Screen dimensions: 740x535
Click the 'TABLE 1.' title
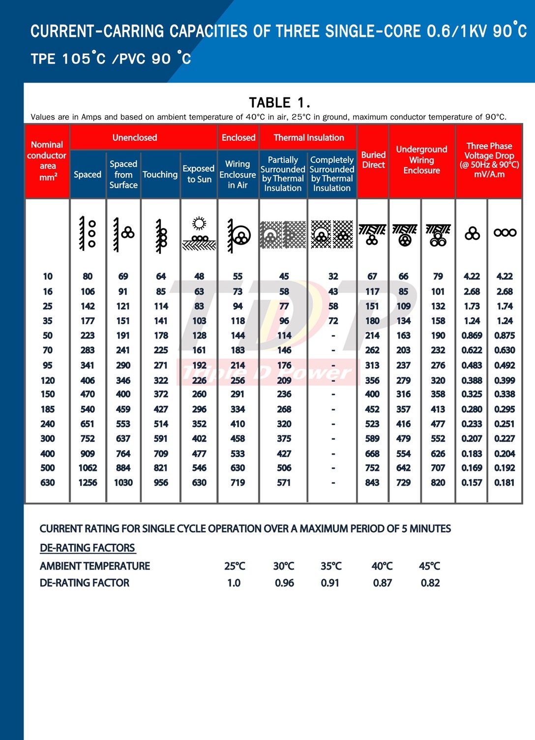coord(279,102)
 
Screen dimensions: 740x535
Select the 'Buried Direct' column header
coord(373,160)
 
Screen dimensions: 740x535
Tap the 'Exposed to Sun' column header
coord(199,174)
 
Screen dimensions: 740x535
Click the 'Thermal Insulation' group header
coord(309,138)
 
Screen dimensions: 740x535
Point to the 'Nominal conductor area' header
coord(47,160)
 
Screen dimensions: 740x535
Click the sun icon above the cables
coord(199,224)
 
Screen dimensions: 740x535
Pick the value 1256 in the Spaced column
coord(88,483)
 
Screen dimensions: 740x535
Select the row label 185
coord(48,409)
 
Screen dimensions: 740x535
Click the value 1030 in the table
coord(123,483)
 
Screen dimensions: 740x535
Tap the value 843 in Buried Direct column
coord(372,483)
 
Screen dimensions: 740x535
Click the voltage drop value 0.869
coord(472,336)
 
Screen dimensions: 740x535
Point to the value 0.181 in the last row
coord(505,483)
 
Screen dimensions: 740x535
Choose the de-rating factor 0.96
coord(284,583)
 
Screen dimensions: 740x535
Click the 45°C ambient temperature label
coord(429,566)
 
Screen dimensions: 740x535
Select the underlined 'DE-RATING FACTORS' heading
coord(88,548)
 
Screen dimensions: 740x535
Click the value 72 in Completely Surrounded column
coord(333,321)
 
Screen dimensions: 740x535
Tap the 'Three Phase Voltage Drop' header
coord(489,160)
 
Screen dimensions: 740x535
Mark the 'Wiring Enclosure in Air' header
coord(238,174)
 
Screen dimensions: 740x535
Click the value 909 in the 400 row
coord(88,454)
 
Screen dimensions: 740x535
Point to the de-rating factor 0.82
coord(430,583)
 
